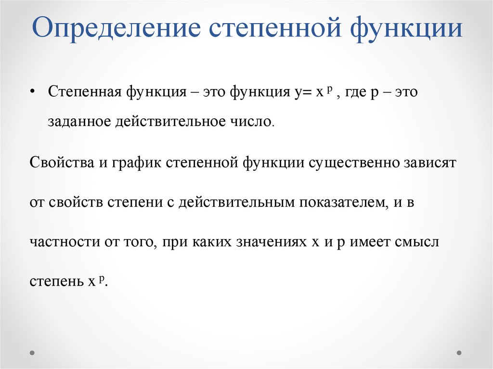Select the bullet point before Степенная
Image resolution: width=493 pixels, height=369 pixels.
pos(32,92)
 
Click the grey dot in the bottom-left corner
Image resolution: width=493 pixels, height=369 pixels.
pos(32,353)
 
